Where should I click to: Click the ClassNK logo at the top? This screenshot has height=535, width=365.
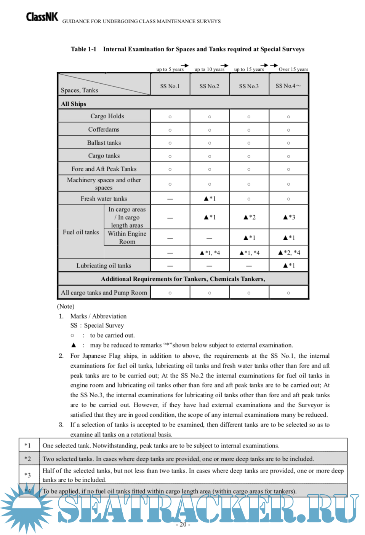[x=42, y=17]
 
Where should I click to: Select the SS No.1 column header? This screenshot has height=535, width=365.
[x=170, y=86]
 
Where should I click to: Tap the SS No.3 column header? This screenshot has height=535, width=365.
[x=249, y=86]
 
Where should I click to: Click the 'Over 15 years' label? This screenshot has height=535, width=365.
[x=293, y=69]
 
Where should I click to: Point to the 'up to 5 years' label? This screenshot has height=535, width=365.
[x=170, y=69]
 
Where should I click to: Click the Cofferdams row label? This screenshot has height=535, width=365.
[x=104, y=129]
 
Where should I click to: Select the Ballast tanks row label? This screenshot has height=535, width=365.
[x=104, y=143]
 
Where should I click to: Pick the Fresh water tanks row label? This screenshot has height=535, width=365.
[x=104, y=199]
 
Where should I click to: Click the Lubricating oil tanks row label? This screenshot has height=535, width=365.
[x=104, y=266]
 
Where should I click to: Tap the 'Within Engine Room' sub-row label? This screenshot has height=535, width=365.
[x=127, y=237]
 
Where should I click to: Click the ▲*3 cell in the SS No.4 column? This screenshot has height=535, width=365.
[x=289, y=217]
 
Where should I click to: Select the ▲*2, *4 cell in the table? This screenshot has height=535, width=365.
[x=289, y=253]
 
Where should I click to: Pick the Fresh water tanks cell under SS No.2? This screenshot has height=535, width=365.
[x=210, y=199]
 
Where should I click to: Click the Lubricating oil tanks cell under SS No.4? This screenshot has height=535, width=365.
[x=289, y=266]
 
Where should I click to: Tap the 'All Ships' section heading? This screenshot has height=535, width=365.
[x=74, y=104]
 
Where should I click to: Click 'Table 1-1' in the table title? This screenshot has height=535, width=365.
[x=83, y=49]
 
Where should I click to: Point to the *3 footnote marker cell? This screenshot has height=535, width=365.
[x=27, y=475]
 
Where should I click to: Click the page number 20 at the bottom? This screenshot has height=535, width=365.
[x=183, y=524]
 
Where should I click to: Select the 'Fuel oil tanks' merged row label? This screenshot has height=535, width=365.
[x=81, y=232]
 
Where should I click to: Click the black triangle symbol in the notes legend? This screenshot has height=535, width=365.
[x=74, y=345]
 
